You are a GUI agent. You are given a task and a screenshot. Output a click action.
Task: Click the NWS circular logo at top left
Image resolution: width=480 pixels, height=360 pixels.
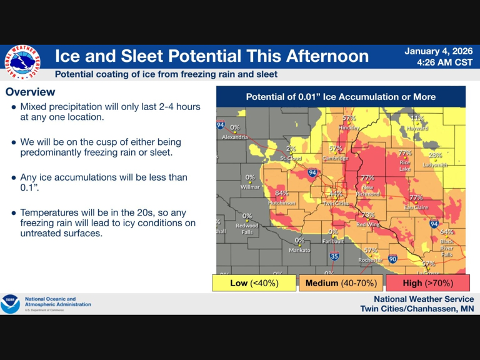coord(21,62)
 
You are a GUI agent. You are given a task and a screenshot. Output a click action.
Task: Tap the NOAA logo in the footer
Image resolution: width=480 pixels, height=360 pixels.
coord(11,304)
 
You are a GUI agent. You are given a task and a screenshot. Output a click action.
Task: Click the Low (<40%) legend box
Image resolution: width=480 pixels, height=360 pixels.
coord(254,283)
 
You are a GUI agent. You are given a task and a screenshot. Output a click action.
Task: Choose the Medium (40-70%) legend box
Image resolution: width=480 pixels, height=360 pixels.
coord(341,283)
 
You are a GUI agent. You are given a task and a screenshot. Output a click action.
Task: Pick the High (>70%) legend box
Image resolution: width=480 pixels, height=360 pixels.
coord(427,283)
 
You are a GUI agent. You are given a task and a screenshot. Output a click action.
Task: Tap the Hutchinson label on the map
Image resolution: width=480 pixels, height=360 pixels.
coord(281,202)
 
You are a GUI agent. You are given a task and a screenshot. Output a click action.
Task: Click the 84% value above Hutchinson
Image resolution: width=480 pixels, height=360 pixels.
coord(282,194)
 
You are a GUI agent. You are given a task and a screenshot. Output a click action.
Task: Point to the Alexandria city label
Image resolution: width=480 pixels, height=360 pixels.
coord(235,137)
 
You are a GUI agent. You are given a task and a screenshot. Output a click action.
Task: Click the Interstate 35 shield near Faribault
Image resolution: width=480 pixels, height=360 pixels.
coord(334,256)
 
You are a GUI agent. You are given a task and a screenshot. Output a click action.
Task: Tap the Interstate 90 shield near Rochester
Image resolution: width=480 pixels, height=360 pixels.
coord(392,259)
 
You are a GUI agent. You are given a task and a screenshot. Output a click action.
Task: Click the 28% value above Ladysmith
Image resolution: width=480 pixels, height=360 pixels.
coord(435,155)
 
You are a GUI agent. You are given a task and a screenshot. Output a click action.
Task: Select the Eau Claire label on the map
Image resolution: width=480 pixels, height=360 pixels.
coord(416,207)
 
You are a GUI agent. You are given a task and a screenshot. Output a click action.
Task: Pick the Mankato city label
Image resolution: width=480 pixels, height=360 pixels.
coord(299,250)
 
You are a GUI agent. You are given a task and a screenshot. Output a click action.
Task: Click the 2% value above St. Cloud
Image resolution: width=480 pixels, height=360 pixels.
coord(291,149)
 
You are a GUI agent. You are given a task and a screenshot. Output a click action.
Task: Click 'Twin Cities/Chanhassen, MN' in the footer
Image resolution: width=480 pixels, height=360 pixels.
coord(416,309)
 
